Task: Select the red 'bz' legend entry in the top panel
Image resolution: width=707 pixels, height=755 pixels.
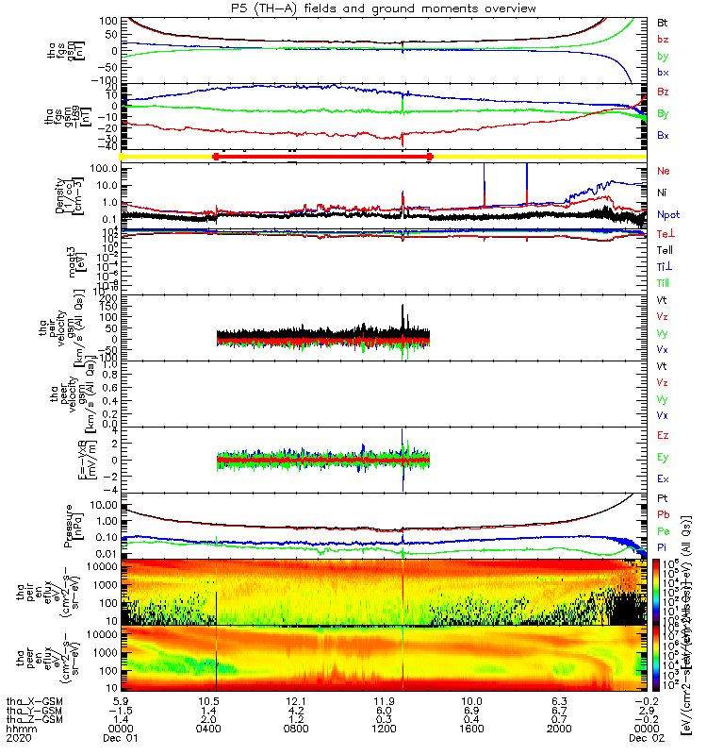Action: click(x=664, y=39)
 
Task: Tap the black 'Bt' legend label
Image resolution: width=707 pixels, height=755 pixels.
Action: click(x=664, y=21)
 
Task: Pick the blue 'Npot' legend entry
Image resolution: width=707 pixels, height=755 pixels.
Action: click(x=667, y=215)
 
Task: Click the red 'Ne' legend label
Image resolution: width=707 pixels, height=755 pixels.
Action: click(x=664, y=171)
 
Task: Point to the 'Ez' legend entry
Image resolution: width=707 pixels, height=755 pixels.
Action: click(x=664, y=435)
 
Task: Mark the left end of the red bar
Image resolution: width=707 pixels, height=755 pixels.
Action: click(x=217, y=156)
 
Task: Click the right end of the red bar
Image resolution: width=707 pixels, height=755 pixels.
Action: click(x=430, y=156)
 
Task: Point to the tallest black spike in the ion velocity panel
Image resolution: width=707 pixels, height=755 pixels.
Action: click(x=403, y=306)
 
